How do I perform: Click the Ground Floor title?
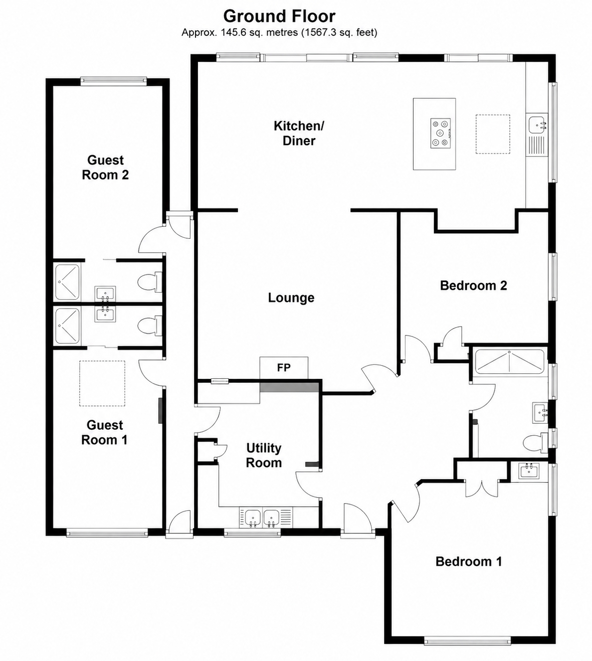(x=279, y=16)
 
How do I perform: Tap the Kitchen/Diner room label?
(x=299, y=133)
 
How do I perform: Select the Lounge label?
(x=291, y=298)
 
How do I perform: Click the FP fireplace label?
(x=284, y=368)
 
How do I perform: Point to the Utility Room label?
(x=264, y=455)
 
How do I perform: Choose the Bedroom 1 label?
(x=469, y=561)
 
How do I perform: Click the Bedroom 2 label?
(x=473, y=286)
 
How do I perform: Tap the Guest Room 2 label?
(x=105, y=167)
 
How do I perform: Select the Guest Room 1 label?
(x=105, y=432)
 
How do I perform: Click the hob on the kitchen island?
(x=441, y=133)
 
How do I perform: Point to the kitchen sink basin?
(x=537, y=124)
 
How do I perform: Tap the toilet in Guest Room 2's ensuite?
(x=150, y=282)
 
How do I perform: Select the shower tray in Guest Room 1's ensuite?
(x=67, y=326)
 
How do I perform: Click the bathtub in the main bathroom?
(x=509, y=362)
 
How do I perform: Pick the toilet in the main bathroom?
(x=535, y=443)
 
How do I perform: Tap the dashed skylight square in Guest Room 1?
(x=102, y=383)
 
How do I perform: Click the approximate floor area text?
(x=279, y=32)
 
